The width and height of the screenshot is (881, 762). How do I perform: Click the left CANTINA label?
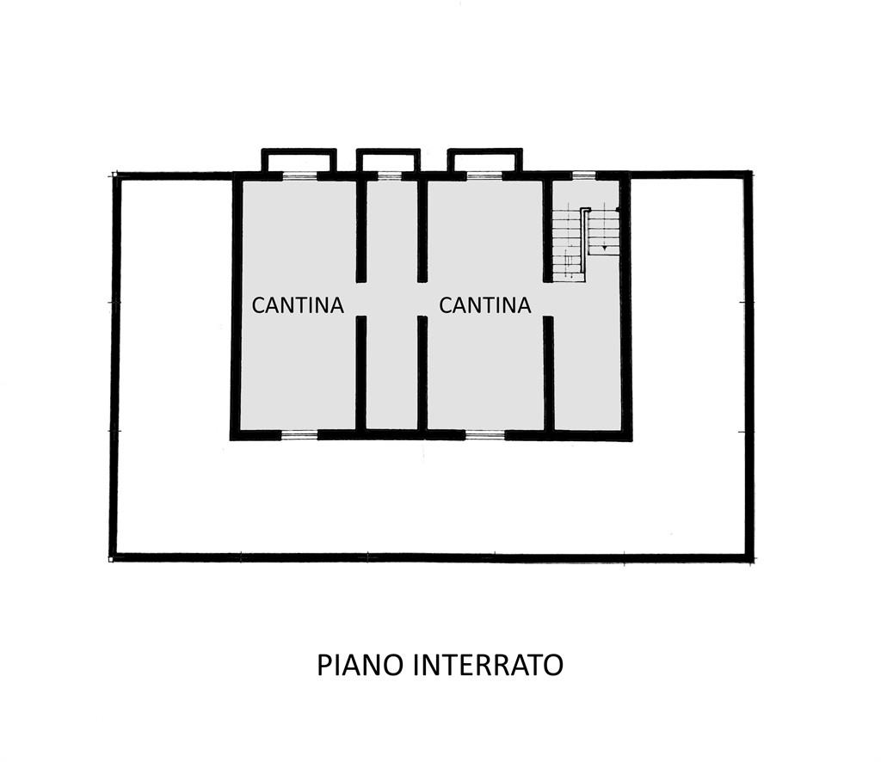coord(297,305)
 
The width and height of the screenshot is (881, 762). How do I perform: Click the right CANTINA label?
coord(485,305)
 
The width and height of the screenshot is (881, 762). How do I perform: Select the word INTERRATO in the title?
coord(488,665)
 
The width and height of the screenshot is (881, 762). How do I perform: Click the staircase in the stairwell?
coord(585,243)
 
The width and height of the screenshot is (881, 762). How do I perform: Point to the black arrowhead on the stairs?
coord(604,247)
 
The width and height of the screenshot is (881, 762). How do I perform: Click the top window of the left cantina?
coord(299,176)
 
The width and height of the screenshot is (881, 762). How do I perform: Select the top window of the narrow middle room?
coord(389,176)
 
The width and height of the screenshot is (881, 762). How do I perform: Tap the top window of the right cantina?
coord(484,176)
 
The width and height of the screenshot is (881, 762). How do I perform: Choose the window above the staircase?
coord(583,175)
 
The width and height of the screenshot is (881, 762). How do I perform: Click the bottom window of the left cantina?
coord(299,433)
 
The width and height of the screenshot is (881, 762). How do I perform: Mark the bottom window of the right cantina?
coord(485,433)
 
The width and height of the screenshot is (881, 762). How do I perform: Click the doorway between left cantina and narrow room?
coord(361,298)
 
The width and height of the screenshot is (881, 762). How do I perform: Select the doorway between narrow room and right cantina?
coord(422,298)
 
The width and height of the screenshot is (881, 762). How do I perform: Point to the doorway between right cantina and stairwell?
coord(548,298)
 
